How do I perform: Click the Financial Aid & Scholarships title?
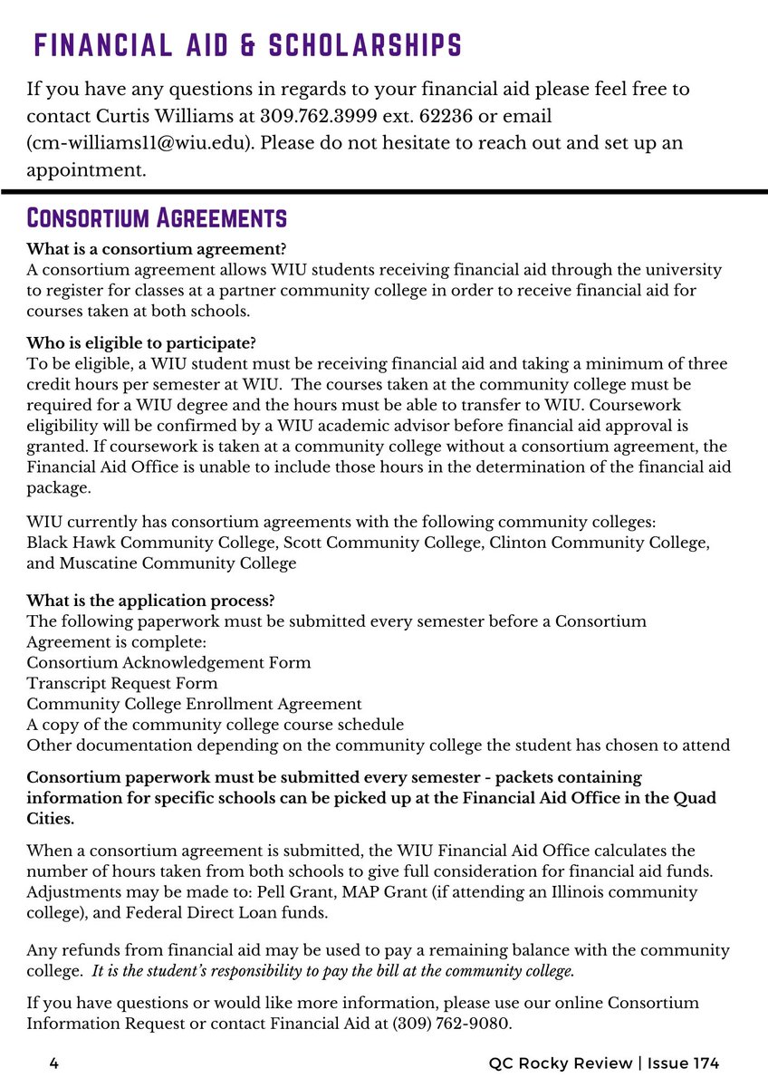[x=247, y=44]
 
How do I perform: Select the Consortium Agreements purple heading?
[x=157, y=218]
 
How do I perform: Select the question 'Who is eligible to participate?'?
[x=141, y=343]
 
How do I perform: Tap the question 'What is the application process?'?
[x=151, y=601]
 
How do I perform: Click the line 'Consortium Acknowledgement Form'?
[x=168, y=662]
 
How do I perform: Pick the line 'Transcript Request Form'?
[x=122, y=683]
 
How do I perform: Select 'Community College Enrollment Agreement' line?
[x=194, y=704]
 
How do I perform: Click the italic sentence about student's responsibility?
[x=333, y=971]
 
